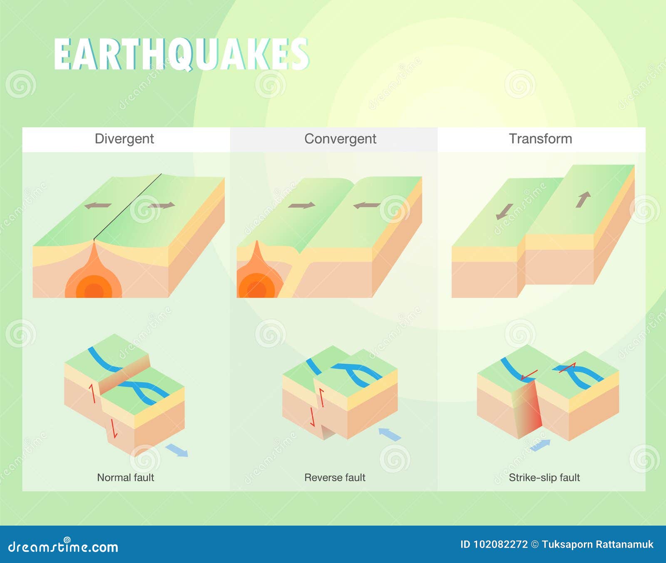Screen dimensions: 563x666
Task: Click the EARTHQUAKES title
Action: pos(181,54)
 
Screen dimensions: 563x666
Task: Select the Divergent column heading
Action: pos(124,138)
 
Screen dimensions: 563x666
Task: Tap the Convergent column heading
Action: pos(340,138)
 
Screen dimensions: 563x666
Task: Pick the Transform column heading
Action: pos(540,138)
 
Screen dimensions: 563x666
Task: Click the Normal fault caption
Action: pos(125,477)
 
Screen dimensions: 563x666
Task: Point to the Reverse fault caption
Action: pos(335,477)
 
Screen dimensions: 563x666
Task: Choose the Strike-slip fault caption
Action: pos(544,477)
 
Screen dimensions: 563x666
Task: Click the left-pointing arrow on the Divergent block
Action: pos(98,205)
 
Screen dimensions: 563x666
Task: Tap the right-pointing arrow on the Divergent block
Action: pos(162,205)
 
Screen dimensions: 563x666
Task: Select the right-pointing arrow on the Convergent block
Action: pos(301,205)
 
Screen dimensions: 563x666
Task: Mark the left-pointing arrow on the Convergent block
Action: pos(366,205)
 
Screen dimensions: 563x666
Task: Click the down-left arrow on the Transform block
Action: pos(504,211)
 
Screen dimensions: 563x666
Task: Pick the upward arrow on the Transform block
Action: pos(583,199)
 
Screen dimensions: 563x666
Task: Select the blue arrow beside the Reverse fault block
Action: pos(390,434)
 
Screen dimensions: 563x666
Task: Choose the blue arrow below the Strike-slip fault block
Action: pos(540,445)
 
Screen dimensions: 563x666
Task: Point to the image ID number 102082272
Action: pos(500,544)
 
